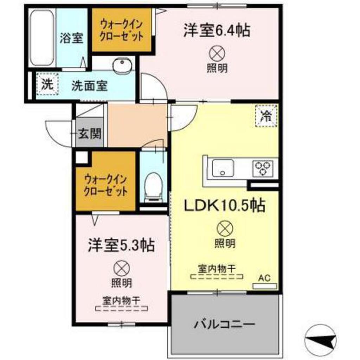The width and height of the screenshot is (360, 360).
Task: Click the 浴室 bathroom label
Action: click(71, 38)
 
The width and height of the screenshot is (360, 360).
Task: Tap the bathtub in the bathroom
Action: click(41, 38)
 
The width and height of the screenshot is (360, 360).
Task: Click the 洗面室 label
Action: click(89, 86)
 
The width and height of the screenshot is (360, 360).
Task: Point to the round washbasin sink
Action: click(122, 65)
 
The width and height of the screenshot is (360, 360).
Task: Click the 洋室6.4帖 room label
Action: click(216, 30)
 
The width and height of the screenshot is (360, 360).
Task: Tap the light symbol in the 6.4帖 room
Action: click(217, 53)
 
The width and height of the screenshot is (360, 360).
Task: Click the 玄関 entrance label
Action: click(90, 133)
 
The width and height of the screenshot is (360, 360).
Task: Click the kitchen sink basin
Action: click(222, 167)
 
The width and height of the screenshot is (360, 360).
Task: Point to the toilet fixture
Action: click(153, 185)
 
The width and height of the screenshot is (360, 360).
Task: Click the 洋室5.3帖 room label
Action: click(121, 245)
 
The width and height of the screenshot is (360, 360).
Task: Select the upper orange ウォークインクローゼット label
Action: click(122, 31)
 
